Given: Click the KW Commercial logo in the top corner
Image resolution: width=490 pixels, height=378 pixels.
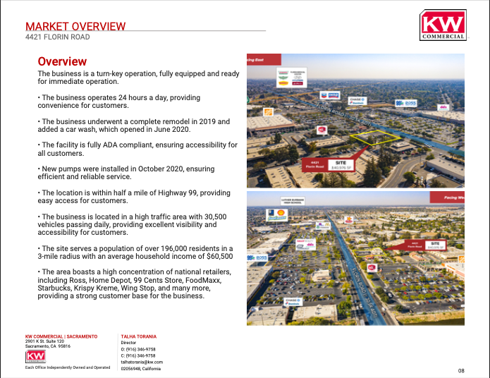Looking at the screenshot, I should (x=443, y=25).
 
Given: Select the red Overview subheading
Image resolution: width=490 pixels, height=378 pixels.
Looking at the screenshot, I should (x=62, y=62).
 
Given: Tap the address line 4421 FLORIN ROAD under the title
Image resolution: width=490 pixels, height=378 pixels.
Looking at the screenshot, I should (x=57, y=37).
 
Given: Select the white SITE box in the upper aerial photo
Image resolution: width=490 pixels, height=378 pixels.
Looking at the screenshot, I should (x=340, y=164).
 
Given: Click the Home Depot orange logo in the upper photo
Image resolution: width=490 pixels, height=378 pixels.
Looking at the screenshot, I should (x=268, y=112).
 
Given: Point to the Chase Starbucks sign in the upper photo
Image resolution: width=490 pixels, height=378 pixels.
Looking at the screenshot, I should (x=358, y=102).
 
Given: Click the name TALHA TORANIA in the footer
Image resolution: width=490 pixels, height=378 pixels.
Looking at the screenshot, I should (x=138, y=336).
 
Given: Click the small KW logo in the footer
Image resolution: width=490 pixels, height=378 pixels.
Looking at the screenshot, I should (x=35, y=356).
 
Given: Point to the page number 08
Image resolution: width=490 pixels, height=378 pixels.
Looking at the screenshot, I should (x=461, y=370).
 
